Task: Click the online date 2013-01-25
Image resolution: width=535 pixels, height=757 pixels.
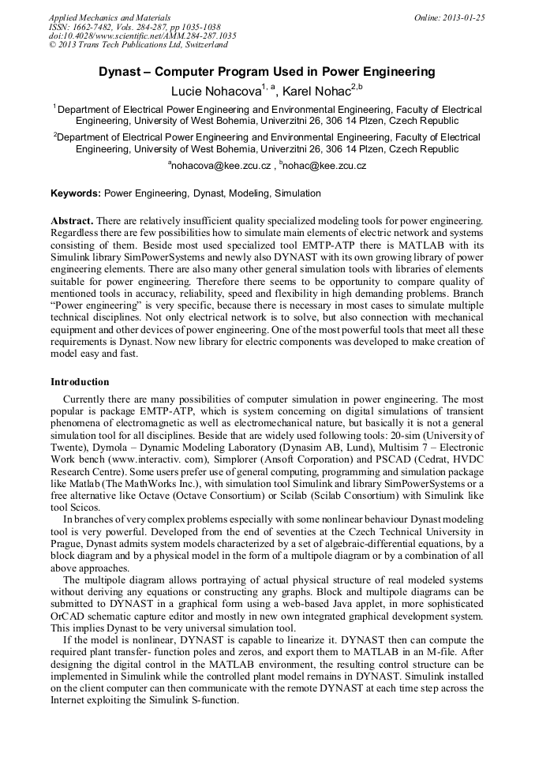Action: pyautogui.click(x=461, y=17)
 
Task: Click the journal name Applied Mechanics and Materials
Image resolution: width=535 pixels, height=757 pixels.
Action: pyautogui.click(x=110, y=17)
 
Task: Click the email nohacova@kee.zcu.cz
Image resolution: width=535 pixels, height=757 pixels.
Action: pyautogui.click(x=221, y=167)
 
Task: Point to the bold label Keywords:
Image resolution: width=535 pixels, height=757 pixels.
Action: pyautogui.click(x=76, y=193)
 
